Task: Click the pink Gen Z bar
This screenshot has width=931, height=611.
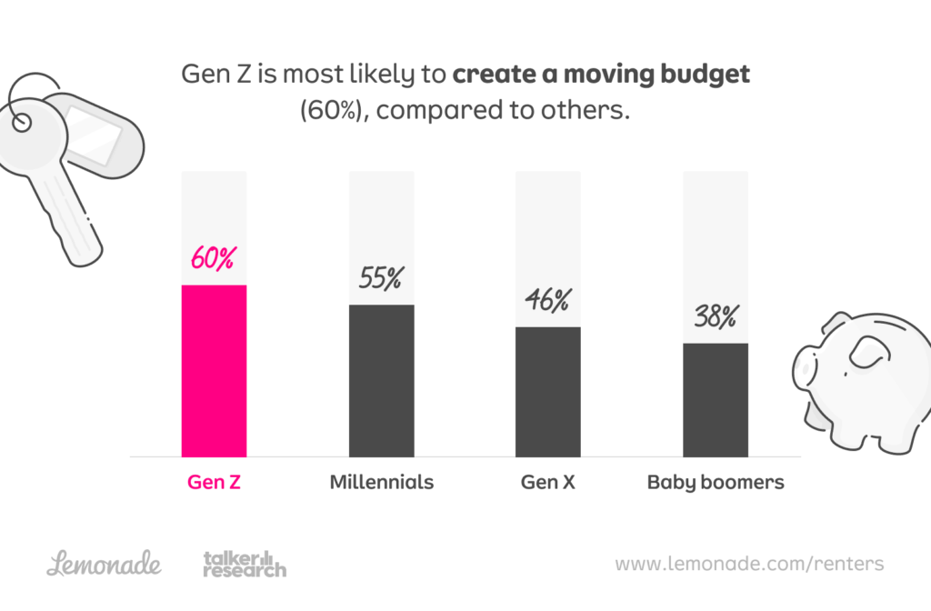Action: pyautogui.click(x=215, y=371)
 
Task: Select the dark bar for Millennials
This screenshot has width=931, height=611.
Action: pyautogui.click(x=382, y=380)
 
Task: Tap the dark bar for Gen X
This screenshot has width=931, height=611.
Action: pyautogui.click(x=548, y=391)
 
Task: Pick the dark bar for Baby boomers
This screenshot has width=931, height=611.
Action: pyautogui.click(x=716, y=399)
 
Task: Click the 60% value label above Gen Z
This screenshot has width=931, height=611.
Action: pyautogui.click(x=213, y=258)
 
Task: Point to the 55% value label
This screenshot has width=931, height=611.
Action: pyautogui.click(x=381, y=278)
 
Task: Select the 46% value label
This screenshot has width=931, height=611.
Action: pyautogui.click(x=546, y=300)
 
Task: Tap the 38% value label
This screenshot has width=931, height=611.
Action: pyautogui.click(x=715, y=317)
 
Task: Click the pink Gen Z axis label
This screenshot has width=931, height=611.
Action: pyautogui.click(x=215, y=482)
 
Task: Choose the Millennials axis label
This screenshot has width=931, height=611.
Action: pyautogui.click(x=382, y=482)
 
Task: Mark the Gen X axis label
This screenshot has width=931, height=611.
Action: pyautogui.click(x=548, y=482)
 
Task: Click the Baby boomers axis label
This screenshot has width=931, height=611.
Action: pyautogui.click(x=716, y=482)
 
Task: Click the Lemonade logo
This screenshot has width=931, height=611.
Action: pyautogui.click(x=104, y=564)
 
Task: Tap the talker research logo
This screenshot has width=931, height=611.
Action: pyautogui.click(x=244, y=564)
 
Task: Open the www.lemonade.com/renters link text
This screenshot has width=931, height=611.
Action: pyautogui.click(x=749, y=564)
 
